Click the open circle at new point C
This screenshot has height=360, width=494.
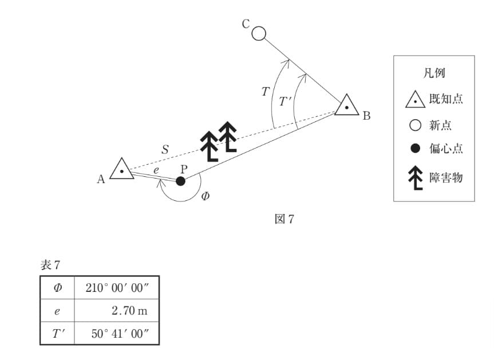click(259, 33)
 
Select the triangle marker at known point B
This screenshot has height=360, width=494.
click(346, 105)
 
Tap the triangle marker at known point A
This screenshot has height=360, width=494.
click(122, 169)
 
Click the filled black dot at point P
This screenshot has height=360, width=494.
click(180, 181)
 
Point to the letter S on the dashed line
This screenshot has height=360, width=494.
click(165, 149)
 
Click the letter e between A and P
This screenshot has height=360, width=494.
click(156, 171)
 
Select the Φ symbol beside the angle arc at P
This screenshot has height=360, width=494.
click(205, 196)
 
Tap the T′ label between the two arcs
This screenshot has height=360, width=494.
click(286, 101)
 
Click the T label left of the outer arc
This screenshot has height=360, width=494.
click(266, 92)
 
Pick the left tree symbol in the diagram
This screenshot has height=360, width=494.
click(210, 146)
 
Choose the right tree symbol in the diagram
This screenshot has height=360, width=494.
click(228, 137)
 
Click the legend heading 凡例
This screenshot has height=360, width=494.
click(434, 73)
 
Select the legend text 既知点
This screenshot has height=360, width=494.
click(446, 99)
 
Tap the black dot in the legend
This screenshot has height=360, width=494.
click(415, 148)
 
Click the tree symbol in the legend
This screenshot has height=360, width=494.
click(416, 177)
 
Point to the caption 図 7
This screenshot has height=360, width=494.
click(284, 219)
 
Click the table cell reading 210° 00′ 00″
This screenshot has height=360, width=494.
click(117, 288)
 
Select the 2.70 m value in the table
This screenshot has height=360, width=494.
click(129, 311)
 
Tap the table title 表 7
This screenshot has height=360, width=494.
click(50, 265)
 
